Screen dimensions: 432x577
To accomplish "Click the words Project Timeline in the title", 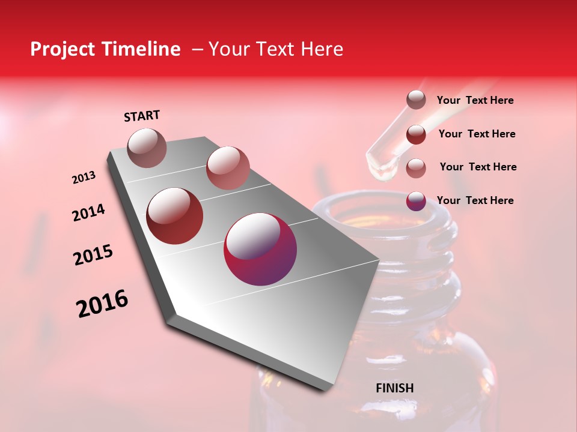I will [x=105, y=49].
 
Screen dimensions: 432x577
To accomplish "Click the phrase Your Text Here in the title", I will [x=276, y=49].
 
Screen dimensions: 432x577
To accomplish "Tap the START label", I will [x=142, y=116].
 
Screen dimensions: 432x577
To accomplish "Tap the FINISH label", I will [x=395, y=388].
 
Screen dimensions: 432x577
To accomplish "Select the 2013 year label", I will [x=84, y=178].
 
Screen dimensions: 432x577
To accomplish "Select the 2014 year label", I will [x=88, y=212].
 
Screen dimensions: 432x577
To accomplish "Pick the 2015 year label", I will [x=93, y=255].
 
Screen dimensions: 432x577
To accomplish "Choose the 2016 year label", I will [x=102, y=304].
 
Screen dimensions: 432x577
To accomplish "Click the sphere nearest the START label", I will [x=147, y=148].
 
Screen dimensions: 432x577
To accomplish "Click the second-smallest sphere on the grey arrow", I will [x=228, y=167].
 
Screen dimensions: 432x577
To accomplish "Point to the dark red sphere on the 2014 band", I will [x=175, y=216].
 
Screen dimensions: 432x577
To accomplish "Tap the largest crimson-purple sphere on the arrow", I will [x=260, y=249].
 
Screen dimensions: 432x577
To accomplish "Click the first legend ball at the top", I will [x=416, y=100].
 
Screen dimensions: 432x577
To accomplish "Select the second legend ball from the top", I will [x=416, y=134].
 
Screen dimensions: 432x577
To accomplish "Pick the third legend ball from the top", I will [x=416, y=168].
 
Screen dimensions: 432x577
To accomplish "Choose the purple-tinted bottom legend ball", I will [x=416, y=201].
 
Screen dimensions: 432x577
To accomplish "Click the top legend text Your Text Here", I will [x=475, y=100].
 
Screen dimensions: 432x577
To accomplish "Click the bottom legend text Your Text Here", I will [x=475, y=200].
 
